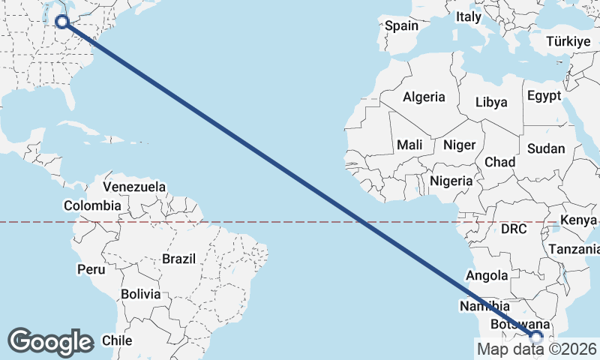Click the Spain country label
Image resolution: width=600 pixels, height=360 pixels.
(x=401, y=25)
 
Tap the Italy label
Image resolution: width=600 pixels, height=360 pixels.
(x=469, y=16)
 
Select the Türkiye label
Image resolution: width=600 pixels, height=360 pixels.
(x=568, y=41)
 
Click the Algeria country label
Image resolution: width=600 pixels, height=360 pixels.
(x=424, y=97)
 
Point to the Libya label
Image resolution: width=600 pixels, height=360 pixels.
(x=491, y=102)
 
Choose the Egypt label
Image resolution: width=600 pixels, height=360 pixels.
(x=544, y=96)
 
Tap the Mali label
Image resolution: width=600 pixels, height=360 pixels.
(x=409, y=145)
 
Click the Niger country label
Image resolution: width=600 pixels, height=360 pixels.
(x=460, y=145)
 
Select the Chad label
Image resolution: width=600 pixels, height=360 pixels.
(x=500, y=162)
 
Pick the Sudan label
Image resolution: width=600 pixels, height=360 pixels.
(x=545, y=148)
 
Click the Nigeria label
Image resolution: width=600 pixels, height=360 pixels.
(x=451, y=181)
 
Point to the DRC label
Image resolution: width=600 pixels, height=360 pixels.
(x=514, y=228)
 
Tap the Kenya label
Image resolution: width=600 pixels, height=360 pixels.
(x=577, y=220)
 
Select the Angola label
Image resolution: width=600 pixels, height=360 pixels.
(x=487, y=276)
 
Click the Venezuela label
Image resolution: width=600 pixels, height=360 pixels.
(x=134, y=187)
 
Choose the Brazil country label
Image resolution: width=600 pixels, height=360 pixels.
(x=178, y=259)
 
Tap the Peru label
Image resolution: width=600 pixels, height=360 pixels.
(x=91, y=268)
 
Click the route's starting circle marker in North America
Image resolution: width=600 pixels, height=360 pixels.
(x=63, y=22)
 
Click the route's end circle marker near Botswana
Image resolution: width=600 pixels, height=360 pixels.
(x=536, y=337)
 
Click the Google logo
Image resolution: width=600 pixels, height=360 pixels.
(x=50, y=341)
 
